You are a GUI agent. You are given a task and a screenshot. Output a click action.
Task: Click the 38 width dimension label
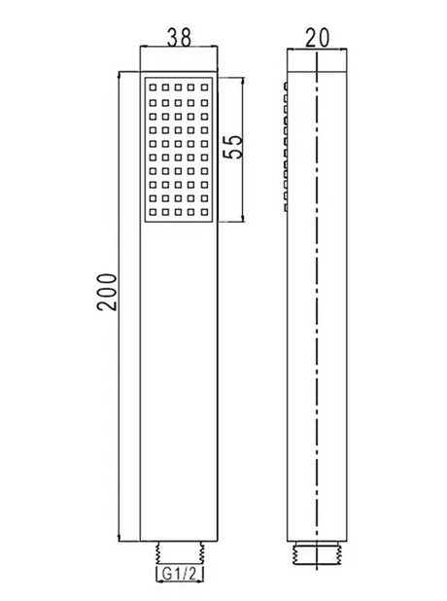pyautogui.click(x=179, y=38)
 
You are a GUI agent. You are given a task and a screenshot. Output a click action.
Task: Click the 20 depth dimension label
pyautogui.click(x=317, y=38)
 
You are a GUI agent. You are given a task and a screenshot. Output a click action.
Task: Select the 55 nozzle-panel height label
pyautogui.click(x=233, y=146)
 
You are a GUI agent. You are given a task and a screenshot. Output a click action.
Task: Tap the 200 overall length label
pyautogui.click(x=107, y=292)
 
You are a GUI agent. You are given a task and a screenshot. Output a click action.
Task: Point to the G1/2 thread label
pyautogui.click(x=180, y=574)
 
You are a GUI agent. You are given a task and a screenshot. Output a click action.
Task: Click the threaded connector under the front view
pyautogui.click(x=179, y=553)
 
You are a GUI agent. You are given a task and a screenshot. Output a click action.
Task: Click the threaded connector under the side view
pyautogui.click(x=317, y=553)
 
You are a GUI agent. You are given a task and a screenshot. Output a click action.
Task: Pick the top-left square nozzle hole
pyautogui.click(x=153, y=88)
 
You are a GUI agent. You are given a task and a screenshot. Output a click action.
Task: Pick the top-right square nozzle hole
pyautogui.click(x=204, y=88)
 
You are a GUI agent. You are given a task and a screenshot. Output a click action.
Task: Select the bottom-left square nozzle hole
pyautogui.click(x=153, y=212)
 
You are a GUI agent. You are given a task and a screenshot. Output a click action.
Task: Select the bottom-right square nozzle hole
pyautogui.click(x=204, y=212)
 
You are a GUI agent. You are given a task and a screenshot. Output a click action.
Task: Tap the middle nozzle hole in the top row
pyautogui.click(x=179, y=88)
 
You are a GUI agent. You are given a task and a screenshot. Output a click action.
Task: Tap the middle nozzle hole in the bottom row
pyautogui.click(x=179, y=212)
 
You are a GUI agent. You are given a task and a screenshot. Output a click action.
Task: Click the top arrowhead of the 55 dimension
pyautogui.click(x=243, y=81)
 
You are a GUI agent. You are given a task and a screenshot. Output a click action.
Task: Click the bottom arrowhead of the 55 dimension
pyautogui.click(x=243, y=219)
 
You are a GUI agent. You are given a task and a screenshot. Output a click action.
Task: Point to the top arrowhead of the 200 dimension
pyautogui.click(x=120, y=75)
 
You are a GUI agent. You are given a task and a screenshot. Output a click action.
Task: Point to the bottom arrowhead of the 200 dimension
pyautogui.click(x=120, y=538)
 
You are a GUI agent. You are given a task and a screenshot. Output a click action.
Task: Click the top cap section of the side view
pyautogui.click(x=317, y=59)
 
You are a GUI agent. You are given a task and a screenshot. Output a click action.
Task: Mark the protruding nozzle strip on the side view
pyautogui.click(x=286, y=146)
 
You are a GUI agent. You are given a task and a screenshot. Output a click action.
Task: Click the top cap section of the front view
pyautogui.click(x=179, y=58)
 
